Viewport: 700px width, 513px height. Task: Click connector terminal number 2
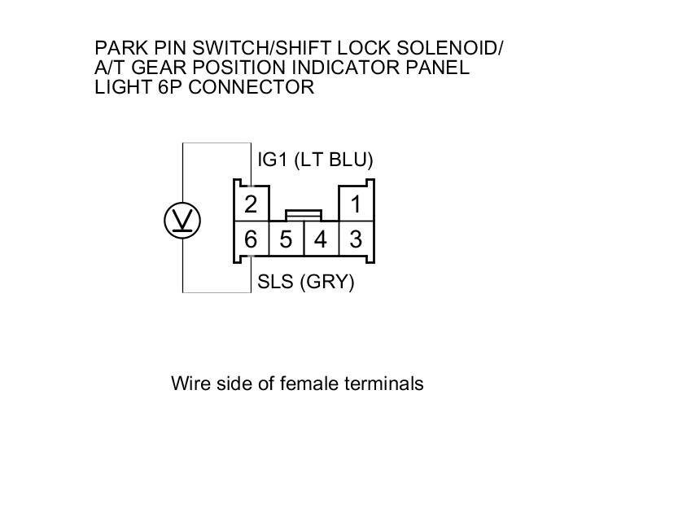251,204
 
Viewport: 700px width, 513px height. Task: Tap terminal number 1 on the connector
356,204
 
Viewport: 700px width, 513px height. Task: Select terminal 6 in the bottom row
251,240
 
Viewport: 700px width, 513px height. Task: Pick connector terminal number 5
286,240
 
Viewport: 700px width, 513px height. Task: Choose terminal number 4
321,240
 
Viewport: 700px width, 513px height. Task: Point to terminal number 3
356,240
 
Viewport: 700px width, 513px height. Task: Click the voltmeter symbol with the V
182,221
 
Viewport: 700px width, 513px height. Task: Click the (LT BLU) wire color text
334,160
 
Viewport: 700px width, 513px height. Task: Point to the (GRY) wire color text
327,283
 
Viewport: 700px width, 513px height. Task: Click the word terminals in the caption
385,383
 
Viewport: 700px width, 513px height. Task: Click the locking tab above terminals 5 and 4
303,215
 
